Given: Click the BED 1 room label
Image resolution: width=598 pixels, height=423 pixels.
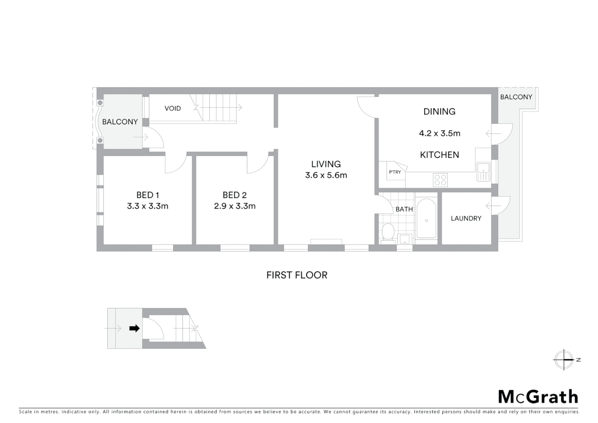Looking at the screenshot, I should pos(148,195).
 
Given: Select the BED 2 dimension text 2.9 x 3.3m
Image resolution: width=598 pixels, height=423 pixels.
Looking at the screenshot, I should pos(234,206).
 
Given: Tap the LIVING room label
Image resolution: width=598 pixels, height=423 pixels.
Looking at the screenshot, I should pos(326,164).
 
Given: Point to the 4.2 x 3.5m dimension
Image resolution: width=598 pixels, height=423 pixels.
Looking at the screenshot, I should pos(439,133).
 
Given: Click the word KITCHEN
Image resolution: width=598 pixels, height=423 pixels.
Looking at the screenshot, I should pos(439,155).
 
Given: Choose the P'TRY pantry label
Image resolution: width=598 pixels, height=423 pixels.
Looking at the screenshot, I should pos(395,172).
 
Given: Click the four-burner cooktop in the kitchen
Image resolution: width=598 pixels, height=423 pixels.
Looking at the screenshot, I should pos(440,180).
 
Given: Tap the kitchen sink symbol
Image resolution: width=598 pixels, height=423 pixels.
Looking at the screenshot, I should pos(483,172).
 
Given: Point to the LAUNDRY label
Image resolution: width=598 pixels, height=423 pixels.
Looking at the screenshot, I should pos(466,219).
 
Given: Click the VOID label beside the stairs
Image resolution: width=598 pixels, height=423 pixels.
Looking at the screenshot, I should pos(173,108).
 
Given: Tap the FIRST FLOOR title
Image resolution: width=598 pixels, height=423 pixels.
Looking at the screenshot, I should pos(297,275).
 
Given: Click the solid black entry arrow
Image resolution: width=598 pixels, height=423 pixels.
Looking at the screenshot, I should pos(134,328).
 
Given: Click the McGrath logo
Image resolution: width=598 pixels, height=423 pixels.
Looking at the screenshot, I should pos(538,397).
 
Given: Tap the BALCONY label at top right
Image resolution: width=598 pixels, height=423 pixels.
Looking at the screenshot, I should pos(516,97).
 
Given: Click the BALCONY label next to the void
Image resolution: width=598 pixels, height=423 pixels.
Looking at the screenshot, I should pos(120,122).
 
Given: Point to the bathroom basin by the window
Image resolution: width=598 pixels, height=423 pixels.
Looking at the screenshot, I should pos(404,239).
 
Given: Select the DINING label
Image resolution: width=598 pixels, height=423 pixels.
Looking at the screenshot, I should pos(439,112).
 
